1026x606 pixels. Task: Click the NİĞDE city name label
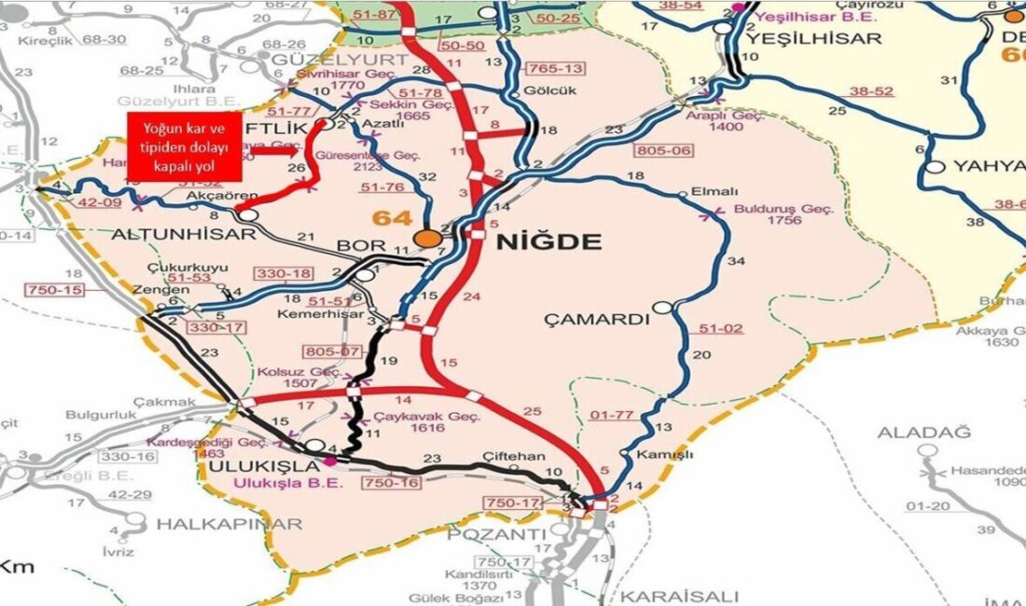coord(548,242)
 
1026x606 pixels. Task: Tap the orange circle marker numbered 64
coord(429,239)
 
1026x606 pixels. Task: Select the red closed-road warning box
coord(184,146)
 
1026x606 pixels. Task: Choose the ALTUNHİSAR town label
coord(184,235)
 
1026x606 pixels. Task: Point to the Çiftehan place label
coord(513,456)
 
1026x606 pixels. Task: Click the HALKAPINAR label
coord(229,524)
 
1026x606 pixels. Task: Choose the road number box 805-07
coord(330,351)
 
